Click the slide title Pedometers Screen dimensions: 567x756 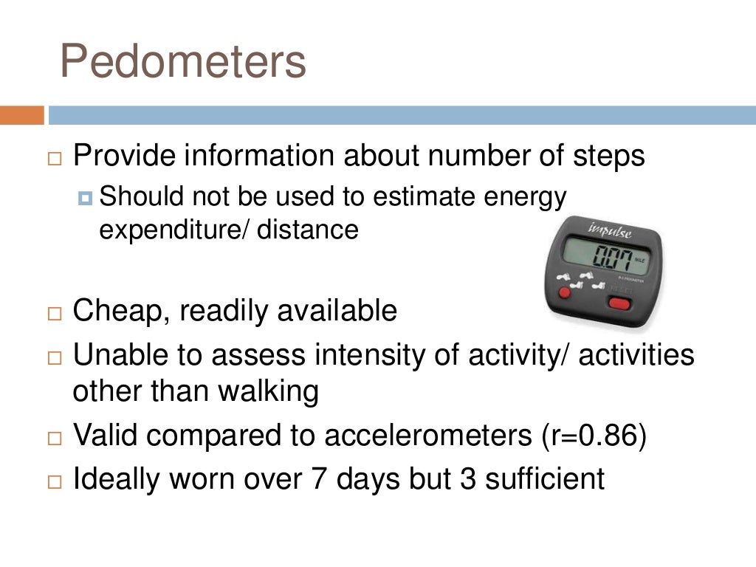tap(182, 61)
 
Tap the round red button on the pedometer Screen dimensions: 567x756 tap(565, 294)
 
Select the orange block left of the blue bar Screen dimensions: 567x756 tap(21, 115)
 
